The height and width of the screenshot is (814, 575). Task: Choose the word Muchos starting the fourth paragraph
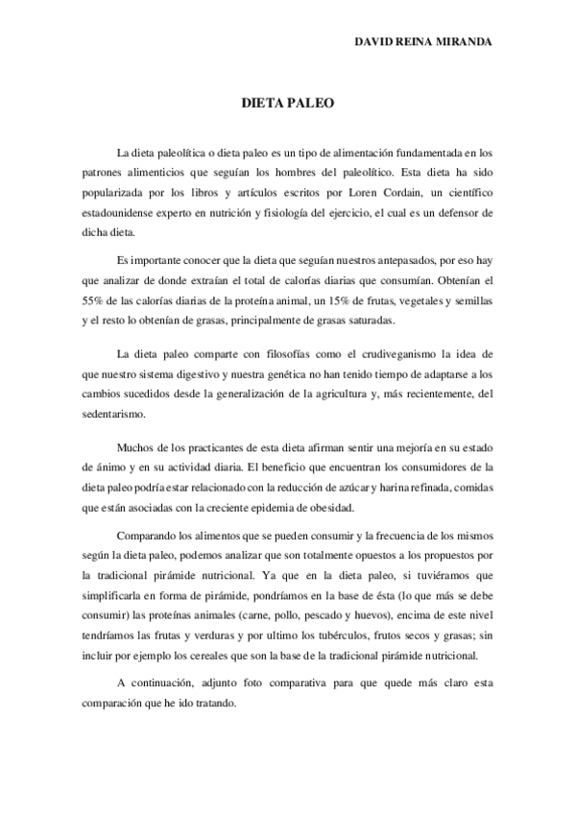pyautogui.click(x=133, y=447)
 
